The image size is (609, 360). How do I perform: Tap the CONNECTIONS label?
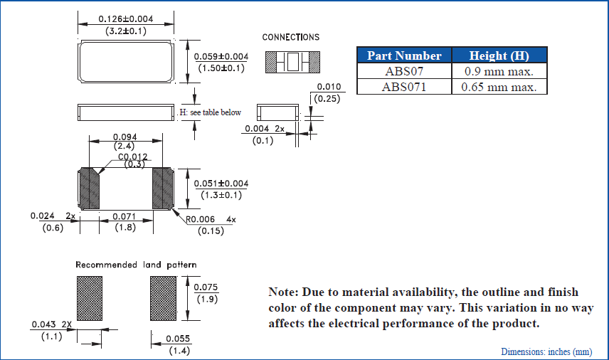click(291, 37)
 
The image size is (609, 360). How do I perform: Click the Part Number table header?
click(403, 55)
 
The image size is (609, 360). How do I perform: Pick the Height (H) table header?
click(499, 55)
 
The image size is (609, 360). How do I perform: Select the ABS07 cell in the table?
click(403, 71)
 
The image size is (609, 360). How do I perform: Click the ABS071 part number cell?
click(403, 87)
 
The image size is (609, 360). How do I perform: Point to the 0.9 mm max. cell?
click(499, 71)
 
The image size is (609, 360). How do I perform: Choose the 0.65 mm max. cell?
click(499, 87)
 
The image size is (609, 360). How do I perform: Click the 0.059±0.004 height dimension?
click(221, 56)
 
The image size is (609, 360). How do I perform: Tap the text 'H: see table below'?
click(210, 112)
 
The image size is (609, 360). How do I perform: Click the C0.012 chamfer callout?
click(132, 157)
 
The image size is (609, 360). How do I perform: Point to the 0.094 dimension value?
click(125, 137)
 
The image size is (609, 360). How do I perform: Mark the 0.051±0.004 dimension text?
click(221, 183)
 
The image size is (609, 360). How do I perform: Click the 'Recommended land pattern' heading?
click(137, 265)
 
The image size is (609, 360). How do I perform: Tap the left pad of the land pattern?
click(90, 298)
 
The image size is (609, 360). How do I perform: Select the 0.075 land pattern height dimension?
click(206, 287)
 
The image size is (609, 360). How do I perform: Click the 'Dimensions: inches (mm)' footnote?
click(546, 351)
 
